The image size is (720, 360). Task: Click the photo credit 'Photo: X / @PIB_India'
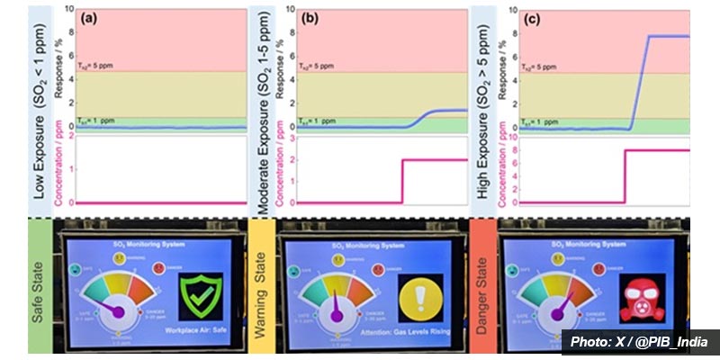click(640, 343)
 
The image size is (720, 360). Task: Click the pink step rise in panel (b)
click(402, 181)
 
